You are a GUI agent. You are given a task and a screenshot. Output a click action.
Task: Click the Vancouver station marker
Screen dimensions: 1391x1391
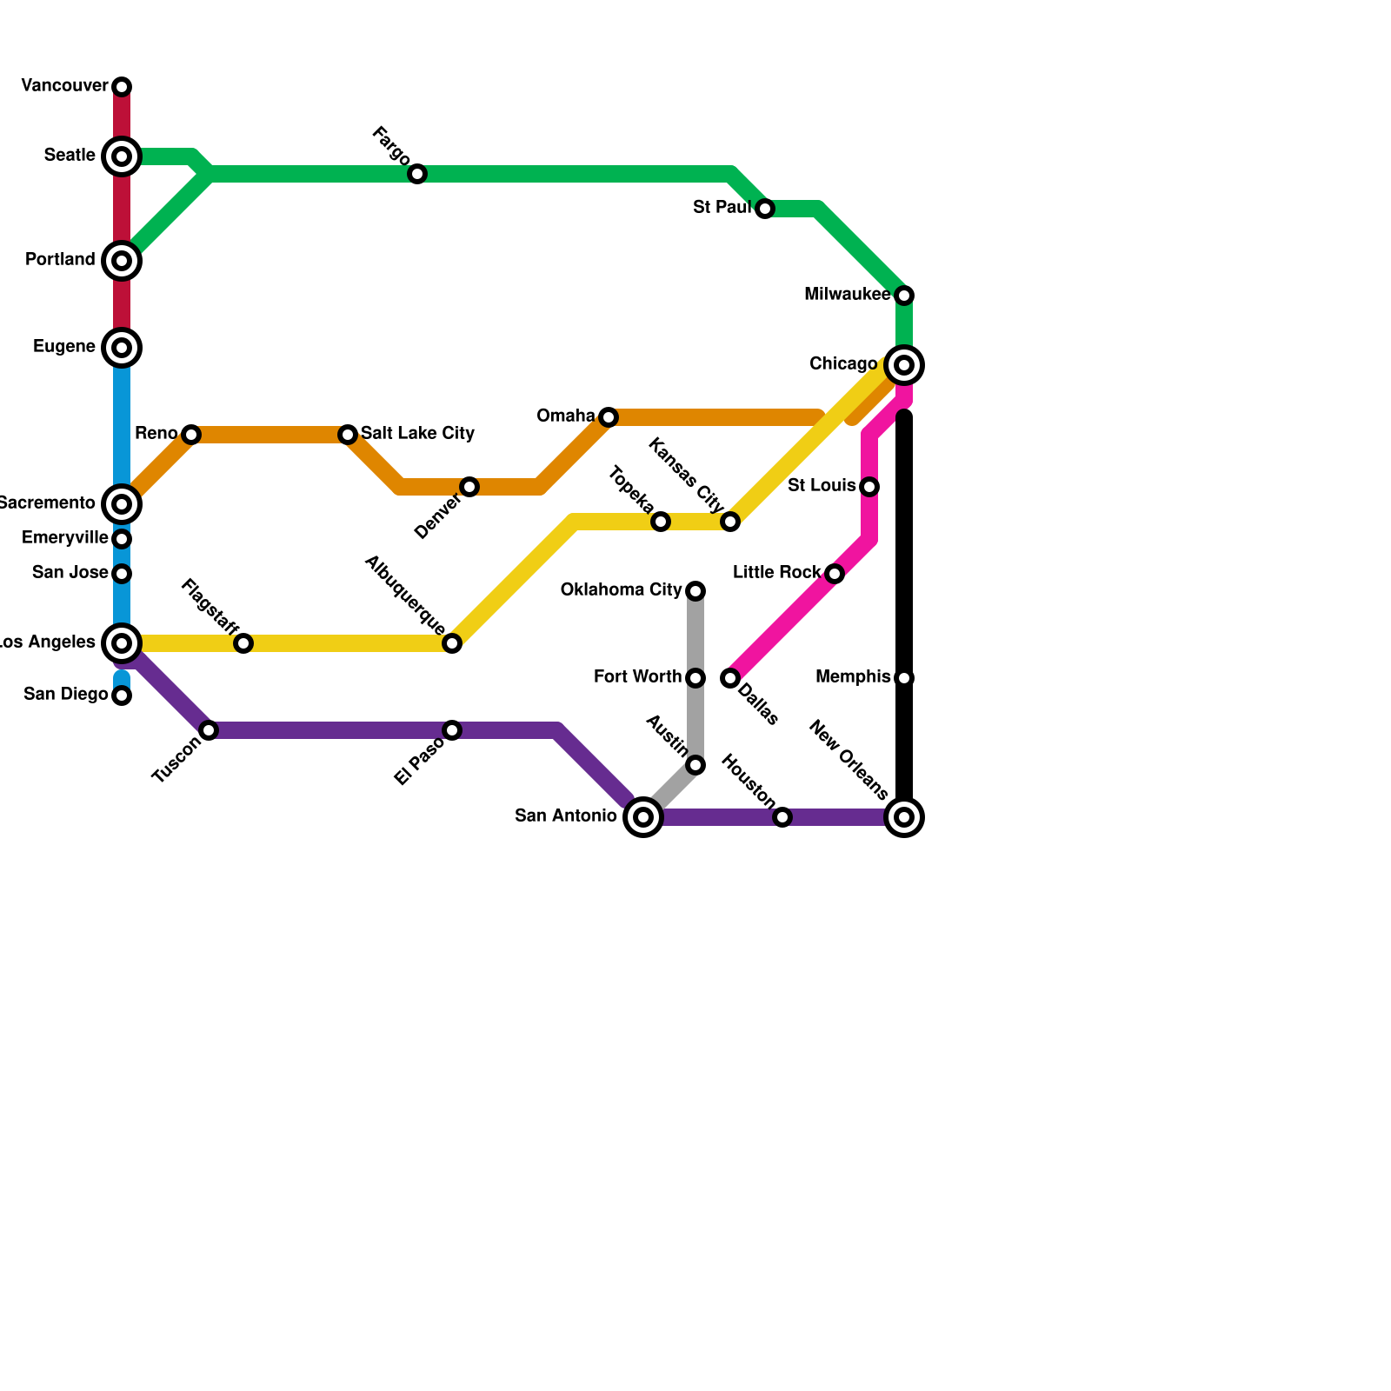123,87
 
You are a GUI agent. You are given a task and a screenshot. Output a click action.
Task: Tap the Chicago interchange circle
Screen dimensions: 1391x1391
904,365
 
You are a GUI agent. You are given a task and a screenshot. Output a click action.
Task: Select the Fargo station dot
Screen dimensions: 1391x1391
417,174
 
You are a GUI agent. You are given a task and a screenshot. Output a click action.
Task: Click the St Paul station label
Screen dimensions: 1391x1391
722,208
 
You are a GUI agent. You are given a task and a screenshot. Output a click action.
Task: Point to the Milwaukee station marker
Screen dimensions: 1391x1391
904,296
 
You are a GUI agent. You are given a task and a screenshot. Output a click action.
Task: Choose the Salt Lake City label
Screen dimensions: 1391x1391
417,433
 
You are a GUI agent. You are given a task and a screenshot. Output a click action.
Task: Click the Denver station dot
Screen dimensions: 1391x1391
469,487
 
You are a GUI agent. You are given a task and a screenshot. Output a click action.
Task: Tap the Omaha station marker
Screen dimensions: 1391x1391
609,417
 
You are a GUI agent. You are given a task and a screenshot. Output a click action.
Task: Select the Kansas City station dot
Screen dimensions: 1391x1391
730,522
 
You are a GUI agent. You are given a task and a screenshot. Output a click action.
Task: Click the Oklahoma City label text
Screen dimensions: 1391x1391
621,590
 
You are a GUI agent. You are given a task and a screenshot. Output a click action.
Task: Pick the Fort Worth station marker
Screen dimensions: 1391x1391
695,678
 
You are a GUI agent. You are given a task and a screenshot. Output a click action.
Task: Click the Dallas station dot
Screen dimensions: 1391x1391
730,678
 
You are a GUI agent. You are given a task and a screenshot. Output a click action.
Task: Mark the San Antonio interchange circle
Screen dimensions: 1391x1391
643,817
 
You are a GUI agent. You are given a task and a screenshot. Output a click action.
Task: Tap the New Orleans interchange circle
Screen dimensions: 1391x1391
904,817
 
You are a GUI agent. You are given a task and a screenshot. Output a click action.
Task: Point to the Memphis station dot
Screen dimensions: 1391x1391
904,678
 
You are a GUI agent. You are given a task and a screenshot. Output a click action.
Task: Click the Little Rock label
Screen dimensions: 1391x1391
776,573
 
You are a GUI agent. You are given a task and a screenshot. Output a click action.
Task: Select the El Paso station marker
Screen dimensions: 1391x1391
452,730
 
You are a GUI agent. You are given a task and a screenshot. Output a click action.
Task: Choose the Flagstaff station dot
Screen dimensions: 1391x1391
243,643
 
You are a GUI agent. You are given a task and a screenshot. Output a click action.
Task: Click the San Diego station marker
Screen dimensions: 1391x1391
123,695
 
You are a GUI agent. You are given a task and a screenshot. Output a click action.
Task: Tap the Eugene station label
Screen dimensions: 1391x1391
63,347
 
